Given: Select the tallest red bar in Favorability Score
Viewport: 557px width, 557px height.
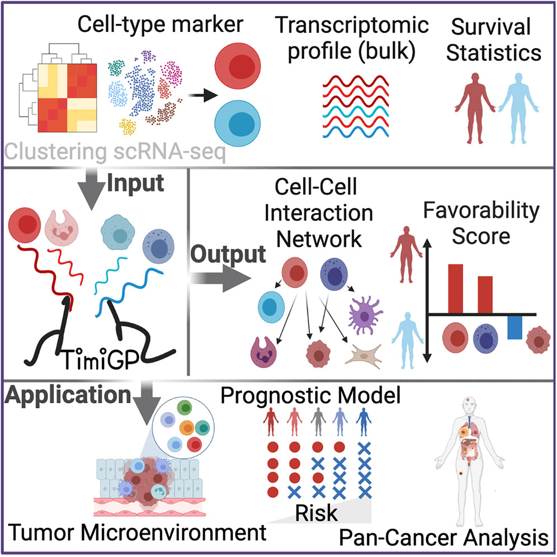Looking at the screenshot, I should coord(456,288).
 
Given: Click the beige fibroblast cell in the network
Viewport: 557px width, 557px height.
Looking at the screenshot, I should coord(366,355).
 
